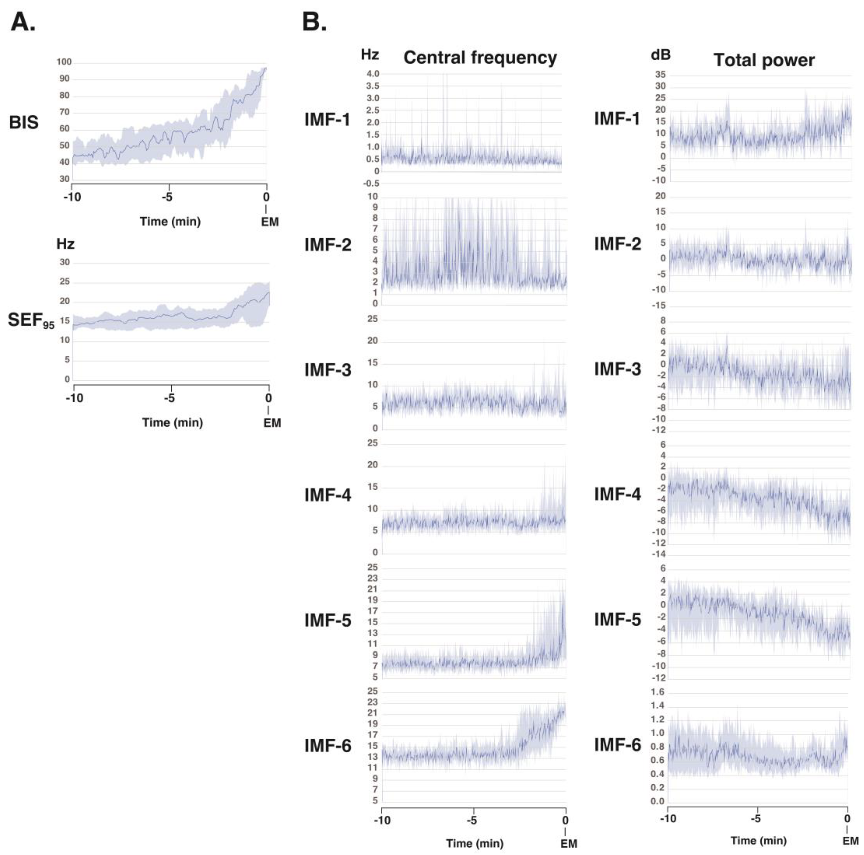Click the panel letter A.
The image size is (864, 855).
click(x=22, y=22)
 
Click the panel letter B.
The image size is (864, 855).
click(x=314, y=22)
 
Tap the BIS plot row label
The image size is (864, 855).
click(x=23, y=123)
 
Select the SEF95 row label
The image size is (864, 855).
click(x=30, y=320)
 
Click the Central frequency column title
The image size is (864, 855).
click(x=480, y=58)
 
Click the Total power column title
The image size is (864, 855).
click(x=764, y=60)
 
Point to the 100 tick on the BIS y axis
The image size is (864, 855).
click(x=64, y=62)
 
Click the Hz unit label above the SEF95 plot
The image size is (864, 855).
click(x=65, y=244)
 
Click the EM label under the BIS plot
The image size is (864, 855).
click(x=270, y=222)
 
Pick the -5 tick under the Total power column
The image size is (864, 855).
click(x=755, y=819)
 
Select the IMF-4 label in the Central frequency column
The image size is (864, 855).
click(x=327, y=495)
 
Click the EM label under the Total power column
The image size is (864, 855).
click(x=850, y=841)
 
